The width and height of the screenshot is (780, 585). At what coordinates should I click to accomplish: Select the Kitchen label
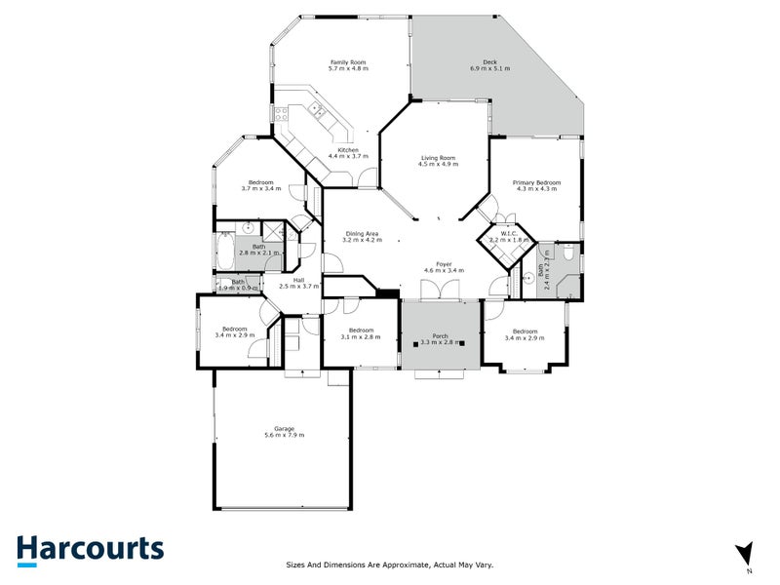(x=348, y=149)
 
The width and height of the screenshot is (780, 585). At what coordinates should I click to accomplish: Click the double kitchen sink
(x=318, y=113)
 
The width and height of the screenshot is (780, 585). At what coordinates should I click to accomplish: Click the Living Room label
(x=438, y=158)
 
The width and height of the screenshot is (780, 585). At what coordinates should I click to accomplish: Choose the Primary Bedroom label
(x=536, y=182)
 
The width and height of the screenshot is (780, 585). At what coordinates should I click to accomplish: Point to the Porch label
(x=440, y=336)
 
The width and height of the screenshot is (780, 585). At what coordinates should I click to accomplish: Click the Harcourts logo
(x=90, y=548)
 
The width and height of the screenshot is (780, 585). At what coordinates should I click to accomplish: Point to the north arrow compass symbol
(x=746, y=553)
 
